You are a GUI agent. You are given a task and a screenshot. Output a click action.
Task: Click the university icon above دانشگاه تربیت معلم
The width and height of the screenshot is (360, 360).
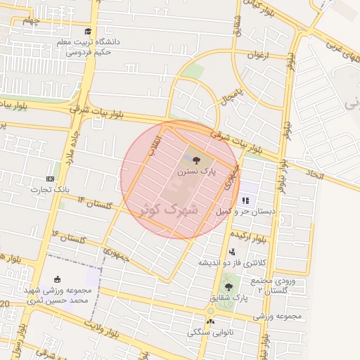tap(87, 31)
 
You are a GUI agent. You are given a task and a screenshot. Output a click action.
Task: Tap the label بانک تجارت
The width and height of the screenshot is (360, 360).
tap(51, 189)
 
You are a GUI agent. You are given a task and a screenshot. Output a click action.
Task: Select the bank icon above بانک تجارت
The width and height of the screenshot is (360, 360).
tap(50, 179)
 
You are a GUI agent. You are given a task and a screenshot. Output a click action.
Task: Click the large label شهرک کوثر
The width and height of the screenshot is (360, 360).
tap(171, 209)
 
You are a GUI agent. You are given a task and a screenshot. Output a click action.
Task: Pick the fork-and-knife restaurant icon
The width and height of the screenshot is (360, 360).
tap(245, 200)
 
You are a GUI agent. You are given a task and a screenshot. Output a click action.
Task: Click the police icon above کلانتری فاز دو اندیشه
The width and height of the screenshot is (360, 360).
tap(231, 252)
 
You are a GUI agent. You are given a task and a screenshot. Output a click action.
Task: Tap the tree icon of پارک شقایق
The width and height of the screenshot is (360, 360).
tap(228, 286)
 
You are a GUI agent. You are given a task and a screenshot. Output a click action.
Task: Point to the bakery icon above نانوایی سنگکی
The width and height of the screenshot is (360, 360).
tap(210, 321)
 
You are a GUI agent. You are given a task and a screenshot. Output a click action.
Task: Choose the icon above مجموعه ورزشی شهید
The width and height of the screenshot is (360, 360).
tap(57, 279)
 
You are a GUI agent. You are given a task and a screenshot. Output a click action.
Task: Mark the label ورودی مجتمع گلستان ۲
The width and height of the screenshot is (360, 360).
tap(274, 285)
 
